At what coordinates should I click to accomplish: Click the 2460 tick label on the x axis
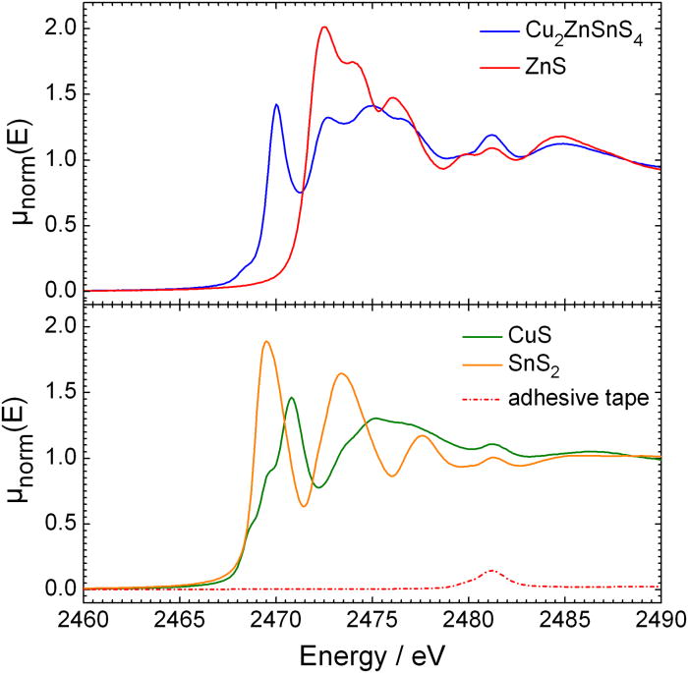pos(84,620)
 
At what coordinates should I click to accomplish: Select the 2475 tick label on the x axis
pos(372,620)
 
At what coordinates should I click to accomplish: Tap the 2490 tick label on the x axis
pos(658,620)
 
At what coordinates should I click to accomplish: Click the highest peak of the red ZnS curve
pos(324,28)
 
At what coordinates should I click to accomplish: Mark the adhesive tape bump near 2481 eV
pos(490,571)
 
